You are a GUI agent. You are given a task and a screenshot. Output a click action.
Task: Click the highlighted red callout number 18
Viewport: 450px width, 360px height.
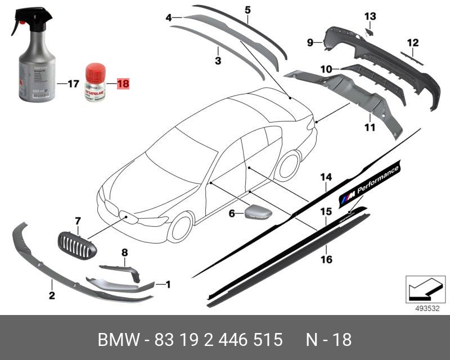click(122, 84)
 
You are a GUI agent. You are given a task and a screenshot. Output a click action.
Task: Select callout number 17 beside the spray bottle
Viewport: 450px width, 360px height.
click(73, 84)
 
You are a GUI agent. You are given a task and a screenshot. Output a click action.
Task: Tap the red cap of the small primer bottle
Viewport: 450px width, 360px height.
click(95, 71)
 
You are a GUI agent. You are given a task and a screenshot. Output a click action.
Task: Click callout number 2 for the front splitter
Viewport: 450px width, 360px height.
click(51, 295)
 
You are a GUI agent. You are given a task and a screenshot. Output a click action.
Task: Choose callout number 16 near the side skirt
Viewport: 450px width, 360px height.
click(326, 259)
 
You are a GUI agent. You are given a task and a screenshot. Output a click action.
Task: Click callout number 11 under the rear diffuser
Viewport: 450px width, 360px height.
click(369, 128)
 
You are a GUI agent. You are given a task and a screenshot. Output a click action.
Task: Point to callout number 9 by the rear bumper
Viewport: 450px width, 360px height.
click(309, 42)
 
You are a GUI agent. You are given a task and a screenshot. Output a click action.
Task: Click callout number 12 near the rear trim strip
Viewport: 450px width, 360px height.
click(413, 42)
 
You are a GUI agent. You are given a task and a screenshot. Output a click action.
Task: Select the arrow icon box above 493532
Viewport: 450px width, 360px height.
click(422, 289)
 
